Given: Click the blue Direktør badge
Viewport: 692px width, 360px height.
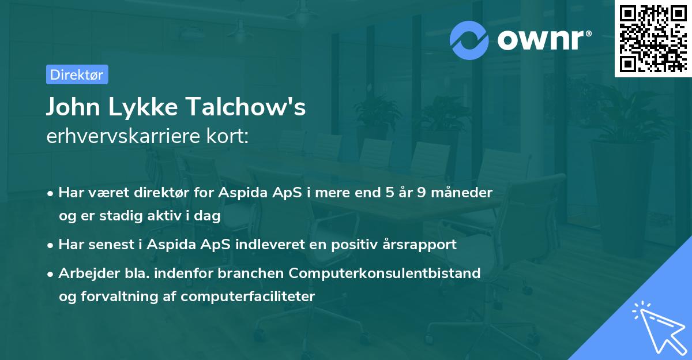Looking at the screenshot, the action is (77, 74).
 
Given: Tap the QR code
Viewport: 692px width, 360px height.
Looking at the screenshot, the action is (653, 39).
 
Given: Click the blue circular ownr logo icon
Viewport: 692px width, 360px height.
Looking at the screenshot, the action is (469, 40).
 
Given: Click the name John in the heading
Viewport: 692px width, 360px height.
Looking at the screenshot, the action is (73, 107).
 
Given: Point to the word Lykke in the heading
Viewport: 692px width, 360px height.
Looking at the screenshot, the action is (143, 107).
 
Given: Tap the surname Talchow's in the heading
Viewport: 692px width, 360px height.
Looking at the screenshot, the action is (246, 107).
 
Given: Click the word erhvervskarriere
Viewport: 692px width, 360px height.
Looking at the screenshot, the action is (123, 136).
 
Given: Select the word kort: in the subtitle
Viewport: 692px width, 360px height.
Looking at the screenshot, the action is (227, 136).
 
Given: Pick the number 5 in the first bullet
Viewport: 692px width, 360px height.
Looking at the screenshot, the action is (390, 193).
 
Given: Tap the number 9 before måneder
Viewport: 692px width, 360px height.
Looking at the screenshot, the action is (422, 193).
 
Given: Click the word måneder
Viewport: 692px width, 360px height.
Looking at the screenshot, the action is (461, 193).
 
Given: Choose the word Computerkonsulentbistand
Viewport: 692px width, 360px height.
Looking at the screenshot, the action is (385, 273).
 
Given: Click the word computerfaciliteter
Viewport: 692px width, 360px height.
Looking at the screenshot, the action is (248, 297).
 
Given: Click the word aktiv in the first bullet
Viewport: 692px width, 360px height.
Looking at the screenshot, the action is (164, 215).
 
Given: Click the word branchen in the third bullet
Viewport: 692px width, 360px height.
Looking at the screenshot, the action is (250, 273).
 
